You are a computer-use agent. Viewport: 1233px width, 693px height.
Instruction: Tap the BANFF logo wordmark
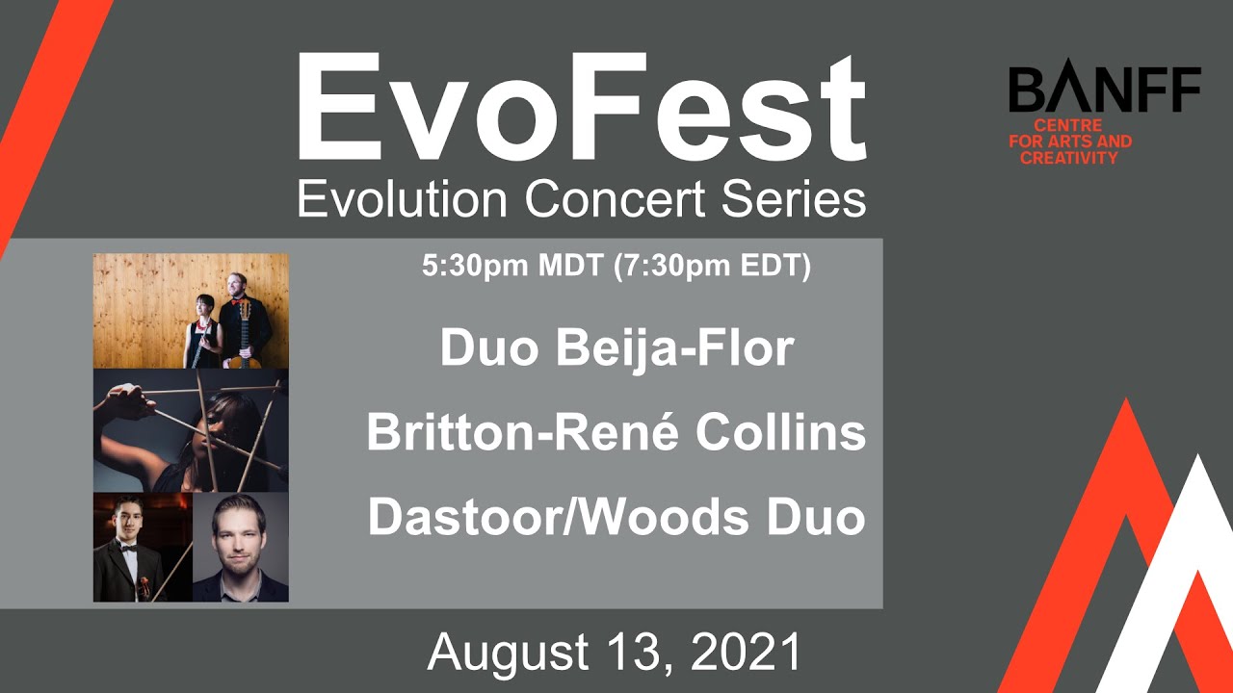point(1104,90)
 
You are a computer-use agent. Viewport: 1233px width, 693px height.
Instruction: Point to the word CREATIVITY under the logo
point(1069,157)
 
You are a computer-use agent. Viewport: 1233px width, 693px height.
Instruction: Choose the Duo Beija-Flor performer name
point(616,348)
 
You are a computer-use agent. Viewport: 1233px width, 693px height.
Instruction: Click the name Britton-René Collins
point(616,433)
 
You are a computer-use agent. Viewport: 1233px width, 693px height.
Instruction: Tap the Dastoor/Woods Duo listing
point(616,518)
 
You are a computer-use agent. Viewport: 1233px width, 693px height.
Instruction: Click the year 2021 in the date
point(747,653)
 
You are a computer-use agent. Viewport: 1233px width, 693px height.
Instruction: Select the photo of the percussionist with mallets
point(191,430)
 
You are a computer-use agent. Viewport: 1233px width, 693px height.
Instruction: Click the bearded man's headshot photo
point(240,547)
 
